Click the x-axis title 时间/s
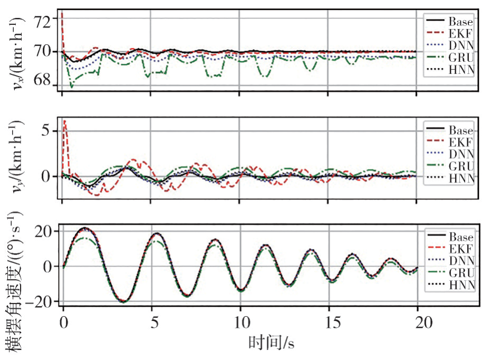[x=271, y=344]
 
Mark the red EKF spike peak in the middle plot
[x=64, y=121]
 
